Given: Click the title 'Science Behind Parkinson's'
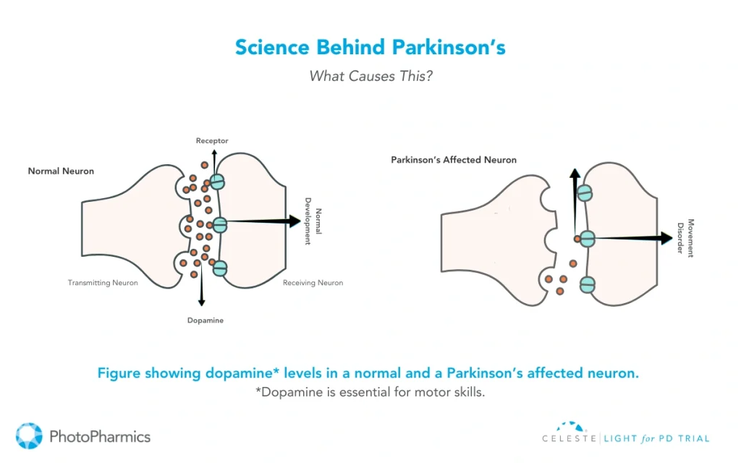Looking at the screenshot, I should click(x=370, y=48).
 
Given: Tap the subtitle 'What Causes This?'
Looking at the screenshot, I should click(x=370, y=76).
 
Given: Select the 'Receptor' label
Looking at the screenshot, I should click(x=212, y=140).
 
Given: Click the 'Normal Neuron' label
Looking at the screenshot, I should click(x=61, y=171).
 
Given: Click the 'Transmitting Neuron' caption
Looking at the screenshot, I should click(x=102, y=283).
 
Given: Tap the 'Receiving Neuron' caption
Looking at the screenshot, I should click(x=313, y=283).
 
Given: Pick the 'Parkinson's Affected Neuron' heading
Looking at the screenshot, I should click(x=454, y=160).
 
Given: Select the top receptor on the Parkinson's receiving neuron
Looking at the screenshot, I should click(x=585, y=193).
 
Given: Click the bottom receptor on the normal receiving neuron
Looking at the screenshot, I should click(x=219, y=268).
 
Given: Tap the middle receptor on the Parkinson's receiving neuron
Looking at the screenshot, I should click(x=587, y=238).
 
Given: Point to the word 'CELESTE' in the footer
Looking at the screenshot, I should click(x=568, y=438).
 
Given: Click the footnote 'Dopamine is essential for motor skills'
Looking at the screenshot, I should click(x=370, y=392).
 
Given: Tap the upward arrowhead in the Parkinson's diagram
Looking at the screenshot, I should click(x=575, y=174).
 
